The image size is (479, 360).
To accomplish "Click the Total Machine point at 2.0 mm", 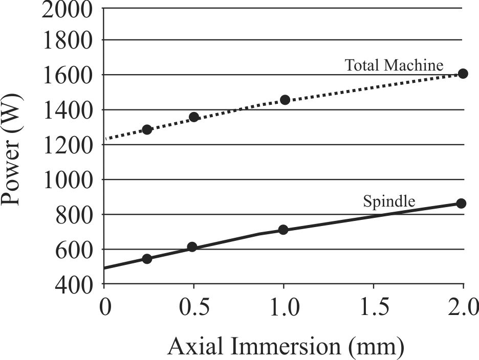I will (x=463, y=74).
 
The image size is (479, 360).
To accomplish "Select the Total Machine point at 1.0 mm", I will (x=285, y=100).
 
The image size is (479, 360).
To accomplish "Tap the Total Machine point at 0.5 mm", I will (x=194, y=117).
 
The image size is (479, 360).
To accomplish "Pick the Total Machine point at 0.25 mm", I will (x=147, y=129).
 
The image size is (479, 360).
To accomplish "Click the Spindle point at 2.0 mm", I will (x=461, y=204).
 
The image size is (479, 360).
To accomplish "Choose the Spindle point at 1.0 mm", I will (x=283, y=230).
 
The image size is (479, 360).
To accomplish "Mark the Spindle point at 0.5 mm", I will (x=192, y=247).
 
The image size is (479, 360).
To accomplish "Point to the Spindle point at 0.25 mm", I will (x=147, y=259).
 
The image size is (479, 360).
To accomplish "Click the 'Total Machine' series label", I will (x=394, y=65).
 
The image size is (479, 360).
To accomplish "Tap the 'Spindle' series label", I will (x=389, y=201).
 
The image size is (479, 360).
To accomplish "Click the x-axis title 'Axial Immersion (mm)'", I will (x=286, y=347).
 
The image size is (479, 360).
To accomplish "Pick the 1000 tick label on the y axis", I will (x=64, y=180).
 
